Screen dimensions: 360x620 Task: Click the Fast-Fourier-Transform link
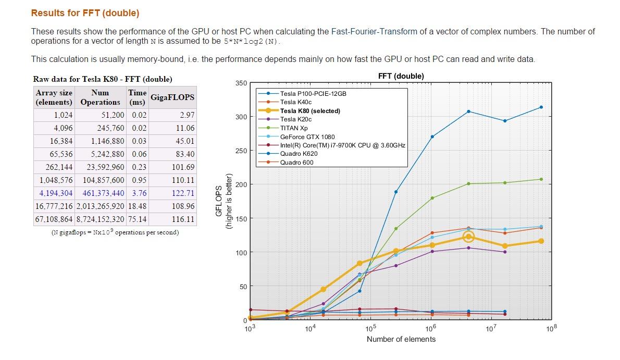[x=374, y=31]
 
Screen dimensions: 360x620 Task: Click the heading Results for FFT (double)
[x=85, y=13]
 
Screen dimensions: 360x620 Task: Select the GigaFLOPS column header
[x=172, y=97]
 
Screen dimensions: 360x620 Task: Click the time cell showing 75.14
[x=138, y=219]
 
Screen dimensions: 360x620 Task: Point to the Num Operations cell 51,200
[x=114, y=115]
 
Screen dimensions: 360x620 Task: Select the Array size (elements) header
[x=54, y=97]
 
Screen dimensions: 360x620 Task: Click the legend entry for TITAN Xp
[x=294, y=128]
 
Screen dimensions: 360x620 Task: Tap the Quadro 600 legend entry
[x=296, y=163]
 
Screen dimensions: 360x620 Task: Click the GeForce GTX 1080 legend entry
[x=308, y=136]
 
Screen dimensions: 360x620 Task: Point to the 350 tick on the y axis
[x=241, y=83]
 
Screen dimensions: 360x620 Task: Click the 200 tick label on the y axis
[x=241, y=184]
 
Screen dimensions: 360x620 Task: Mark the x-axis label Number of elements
[x=401, y=339]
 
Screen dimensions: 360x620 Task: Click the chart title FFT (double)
[x=401, y=76]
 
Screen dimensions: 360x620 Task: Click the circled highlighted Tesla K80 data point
[x=468, y=237]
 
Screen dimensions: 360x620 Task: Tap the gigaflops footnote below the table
[x=115, y=232]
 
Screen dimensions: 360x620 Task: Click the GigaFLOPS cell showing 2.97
[x=186, y=115]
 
